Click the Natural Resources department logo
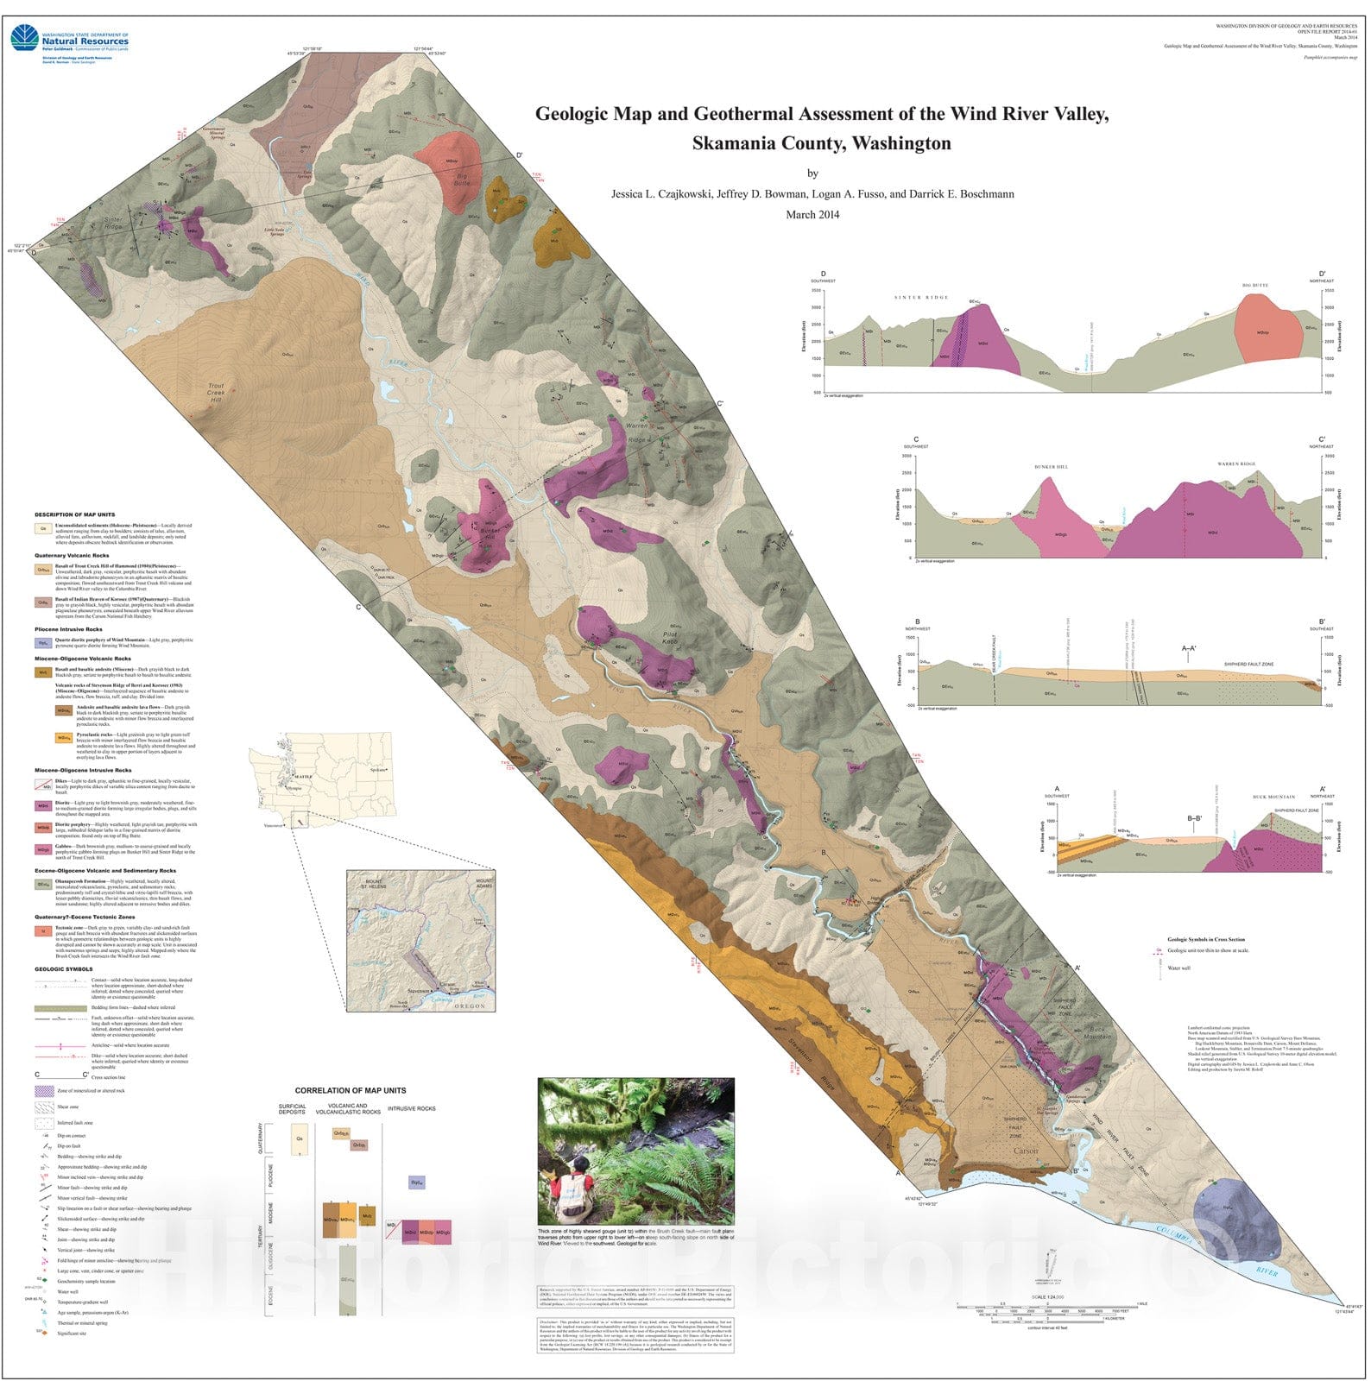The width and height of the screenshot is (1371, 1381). point(69,40)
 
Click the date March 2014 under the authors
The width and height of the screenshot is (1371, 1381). point(812,215)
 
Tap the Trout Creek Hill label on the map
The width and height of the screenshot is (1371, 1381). point(216,395)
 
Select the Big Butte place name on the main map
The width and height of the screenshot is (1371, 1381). point(463,180)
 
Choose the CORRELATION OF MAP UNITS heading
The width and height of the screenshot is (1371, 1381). point(350,1090)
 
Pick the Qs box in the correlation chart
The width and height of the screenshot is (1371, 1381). point(300,1138)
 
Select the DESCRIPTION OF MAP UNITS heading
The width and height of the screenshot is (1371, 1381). point(74,514)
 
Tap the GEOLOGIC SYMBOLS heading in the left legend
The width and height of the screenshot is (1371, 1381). point(64,968)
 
